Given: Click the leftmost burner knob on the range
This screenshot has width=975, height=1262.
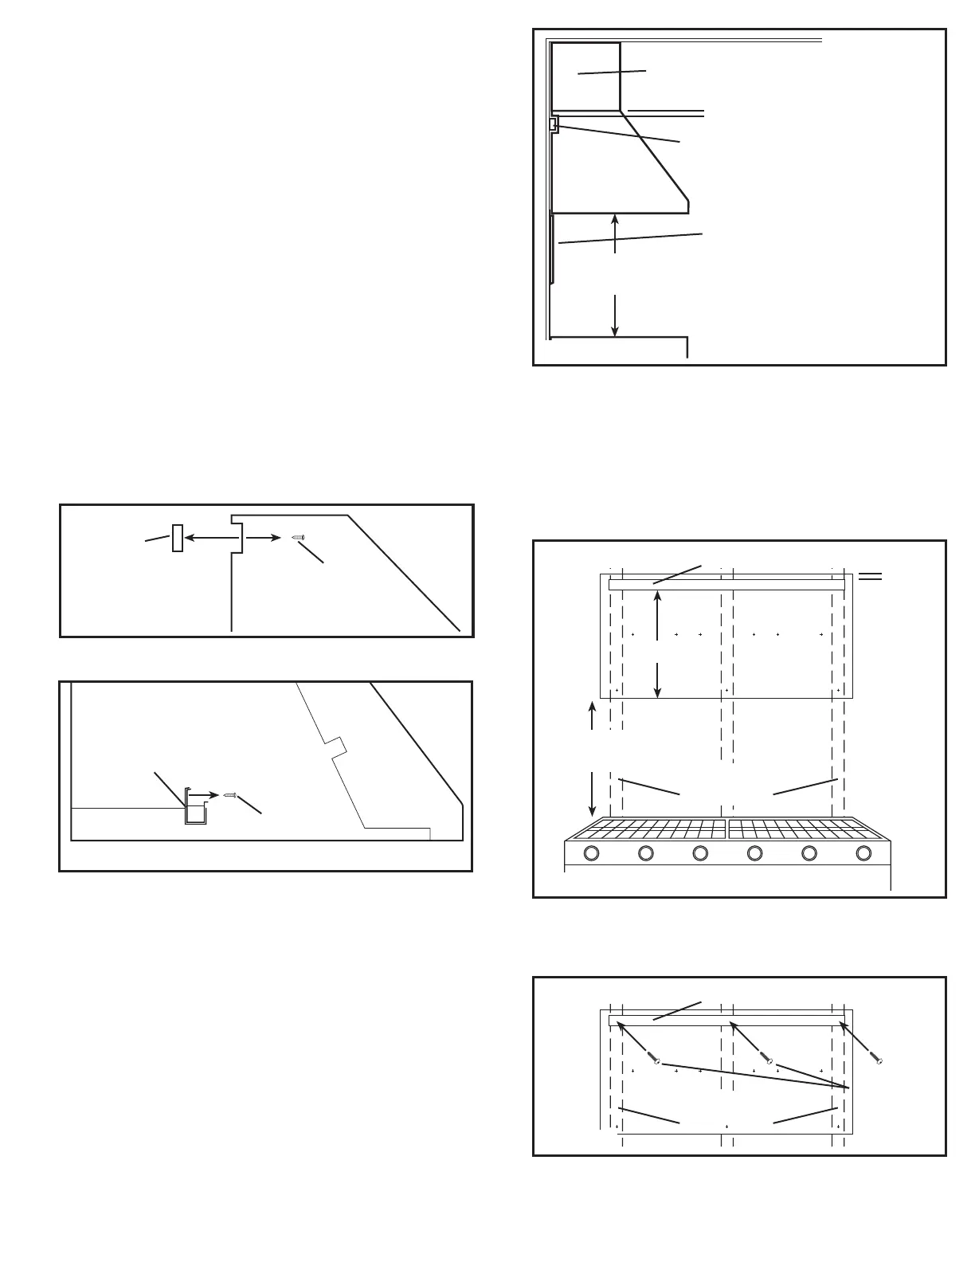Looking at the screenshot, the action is point(591,853).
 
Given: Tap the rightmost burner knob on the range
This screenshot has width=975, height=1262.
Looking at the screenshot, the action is point(863,853).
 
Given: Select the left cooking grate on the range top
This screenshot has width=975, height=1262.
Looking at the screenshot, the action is point(647,829).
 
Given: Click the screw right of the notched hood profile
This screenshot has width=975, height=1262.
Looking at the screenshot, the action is point(299,538).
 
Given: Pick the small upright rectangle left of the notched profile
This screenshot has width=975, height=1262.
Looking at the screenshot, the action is point(178,538).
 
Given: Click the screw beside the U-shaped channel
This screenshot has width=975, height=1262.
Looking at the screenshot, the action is point(230,794).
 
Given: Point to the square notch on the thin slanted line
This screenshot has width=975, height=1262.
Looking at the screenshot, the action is point(337,747).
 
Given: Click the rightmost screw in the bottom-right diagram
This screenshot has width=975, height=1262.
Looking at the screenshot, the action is point(877,1059).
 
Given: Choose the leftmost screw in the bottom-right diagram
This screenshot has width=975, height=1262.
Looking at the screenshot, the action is point(655,1059).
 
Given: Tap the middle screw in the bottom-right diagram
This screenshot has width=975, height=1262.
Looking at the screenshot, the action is point(768,1059).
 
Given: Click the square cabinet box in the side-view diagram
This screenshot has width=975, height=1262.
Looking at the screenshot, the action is point(585,76).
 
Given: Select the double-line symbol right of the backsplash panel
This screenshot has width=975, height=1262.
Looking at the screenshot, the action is point(870,577).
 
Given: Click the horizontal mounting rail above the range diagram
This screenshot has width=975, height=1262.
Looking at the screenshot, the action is point(726,585).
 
